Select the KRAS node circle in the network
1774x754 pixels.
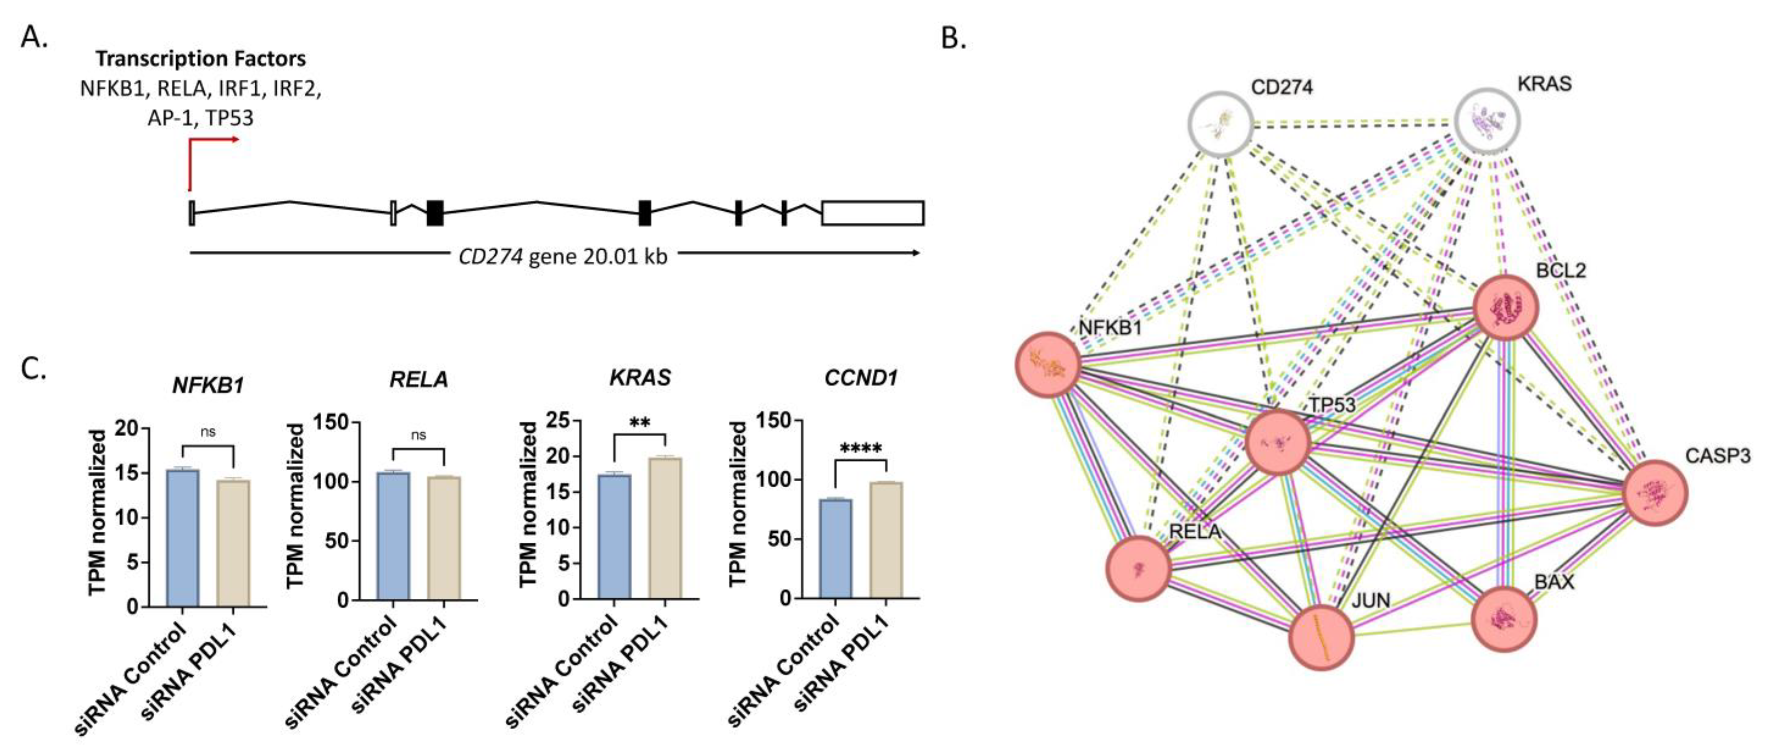coord(1488,121)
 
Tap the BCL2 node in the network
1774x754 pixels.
coord(1506,307)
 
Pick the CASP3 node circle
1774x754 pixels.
coord(1655,493)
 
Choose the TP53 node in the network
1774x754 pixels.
coord(1279,442)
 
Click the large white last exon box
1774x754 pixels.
coord(872,213)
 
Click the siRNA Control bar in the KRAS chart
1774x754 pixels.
coord(614,536)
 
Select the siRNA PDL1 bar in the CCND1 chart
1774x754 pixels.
coord(886,540)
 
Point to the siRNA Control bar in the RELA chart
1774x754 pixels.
coord(393,536)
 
